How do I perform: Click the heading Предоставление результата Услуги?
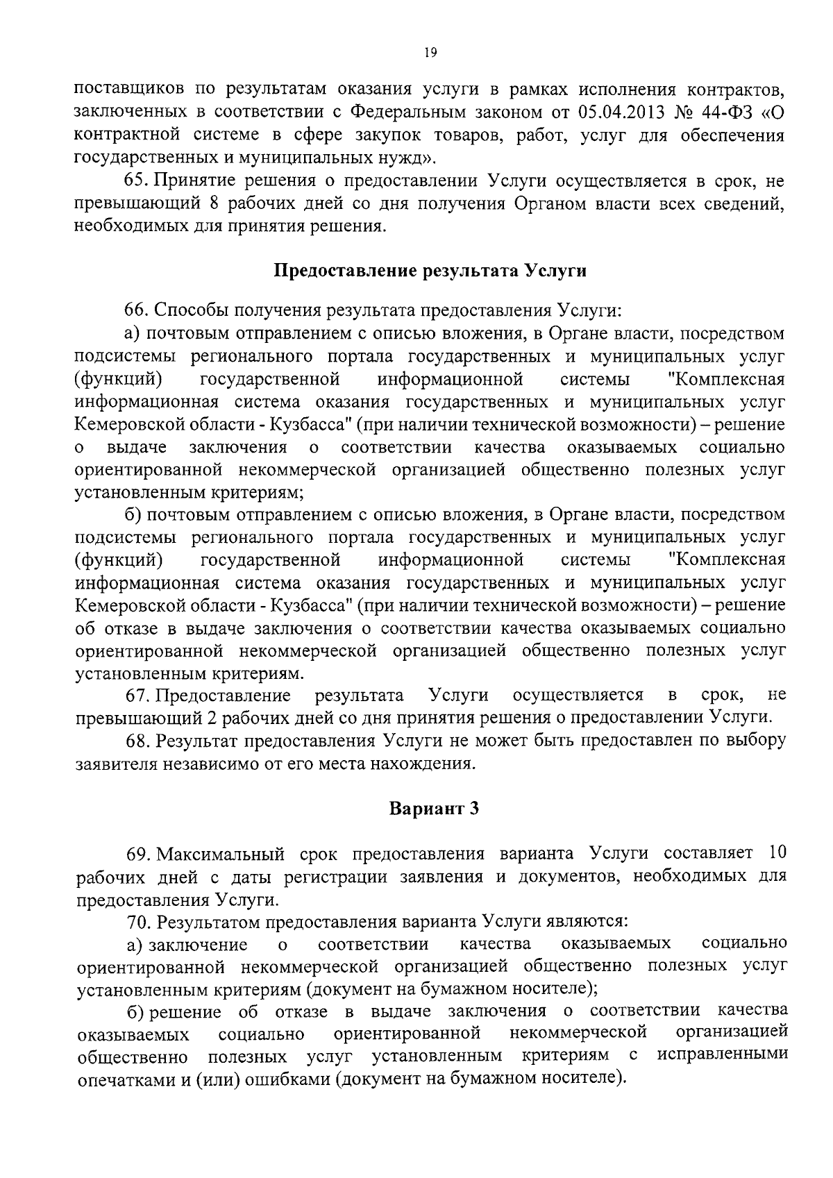[430, 271]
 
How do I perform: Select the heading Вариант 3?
[434, 809]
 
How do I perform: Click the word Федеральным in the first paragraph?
[403, 112]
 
